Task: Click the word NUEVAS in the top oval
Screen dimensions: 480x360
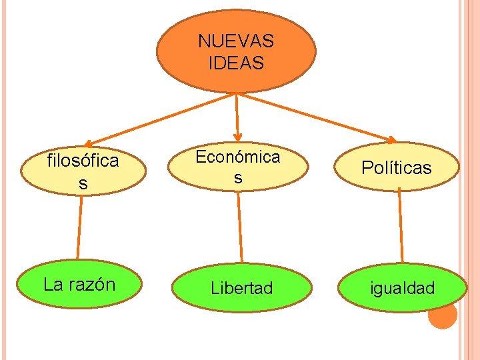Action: [235, 41]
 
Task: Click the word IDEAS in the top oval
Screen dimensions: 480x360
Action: [236, 63]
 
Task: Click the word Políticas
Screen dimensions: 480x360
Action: [397, 167]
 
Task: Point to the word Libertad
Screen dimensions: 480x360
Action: [242, 288]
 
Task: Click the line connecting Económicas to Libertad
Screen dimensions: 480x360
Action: [240, 227]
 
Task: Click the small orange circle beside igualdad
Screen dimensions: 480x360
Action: [443, 315]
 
